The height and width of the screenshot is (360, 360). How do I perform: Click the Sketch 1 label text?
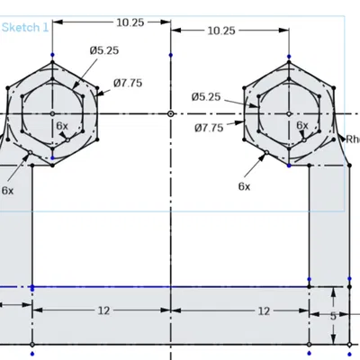click(x=25, y=28)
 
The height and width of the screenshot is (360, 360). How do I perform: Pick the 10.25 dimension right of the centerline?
click(x=220, y=31)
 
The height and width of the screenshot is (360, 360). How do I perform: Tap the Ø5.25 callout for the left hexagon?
click(x=104, y=50)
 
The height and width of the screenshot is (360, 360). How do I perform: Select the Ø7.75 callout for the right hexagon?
click(x=209, y=129)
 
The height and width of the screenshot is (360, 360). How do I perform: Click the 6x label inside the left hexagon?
click(x=61, y=126)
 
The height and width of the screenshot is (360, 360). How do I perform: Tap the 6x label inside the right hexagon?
click(x=302, y=126)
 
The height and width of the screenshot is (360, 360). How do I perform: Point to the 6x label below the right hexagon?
click(x=244, y=185)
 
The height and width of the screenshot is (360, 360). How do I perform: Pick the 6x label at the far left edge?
click(x=7, y=191)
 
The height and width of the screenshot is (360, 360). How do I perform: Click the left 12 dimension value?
click(x=103, y=310)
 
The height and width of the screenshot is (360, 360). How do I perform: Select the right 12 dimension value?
click(x=264, y=310)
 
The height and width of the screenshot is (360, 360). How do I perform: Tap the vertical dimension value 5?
click(x=334, y=317)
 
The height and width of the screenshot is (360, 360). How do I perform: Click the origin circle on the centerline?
click(x=171, y=114)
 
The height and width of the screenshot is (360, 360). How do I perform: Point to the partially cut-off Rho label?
click(x=352, y=139)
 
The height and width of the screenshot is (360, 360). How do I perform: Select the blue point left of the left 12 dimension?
click(x=32, y=288)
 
